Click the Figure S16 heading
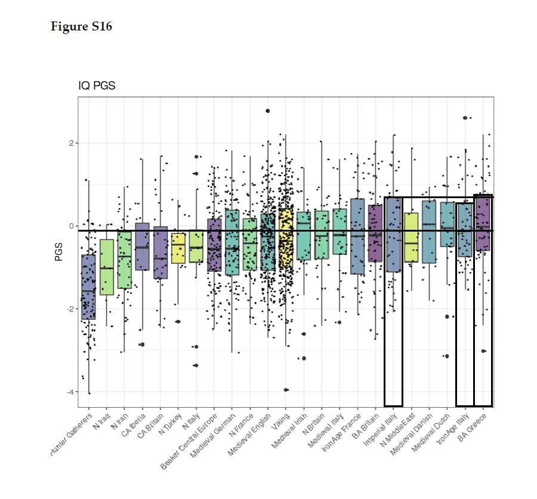[x=81, y=27]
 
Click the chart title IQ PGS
[x=97, y=86]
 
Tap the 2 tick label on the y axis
[x=71, y=143]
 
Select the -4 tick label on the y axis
[x=69, y=392]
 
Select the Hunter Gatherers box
[x=88, y=287]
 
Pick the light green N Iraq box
[x=106, y=267]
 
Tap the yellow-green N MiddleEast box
[x=411, y=238]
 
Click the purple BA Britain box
[x=375, y=233]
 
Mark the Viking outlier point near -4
[x=286, y=390]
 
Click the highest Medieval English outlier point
[x=268, y=110]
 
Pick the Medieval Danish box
[x=429, y=232]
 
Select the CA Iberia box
[x=142, y=247]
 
